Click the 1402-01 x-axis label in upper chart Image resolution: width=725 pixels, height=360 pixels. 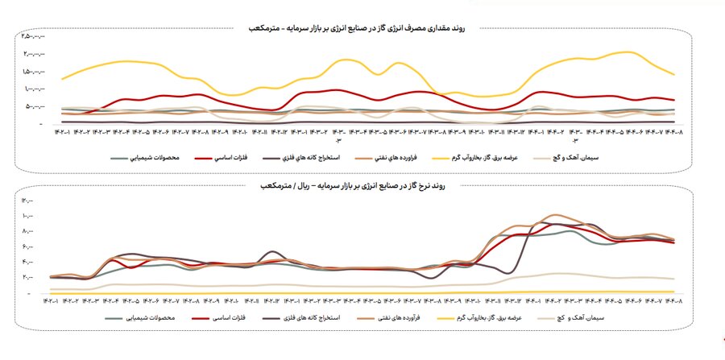64,132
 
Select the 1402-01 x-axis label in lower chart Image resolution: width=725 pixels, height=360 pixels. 58,301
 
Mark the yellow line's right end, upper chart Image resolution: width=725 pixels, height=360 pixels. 673,74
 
